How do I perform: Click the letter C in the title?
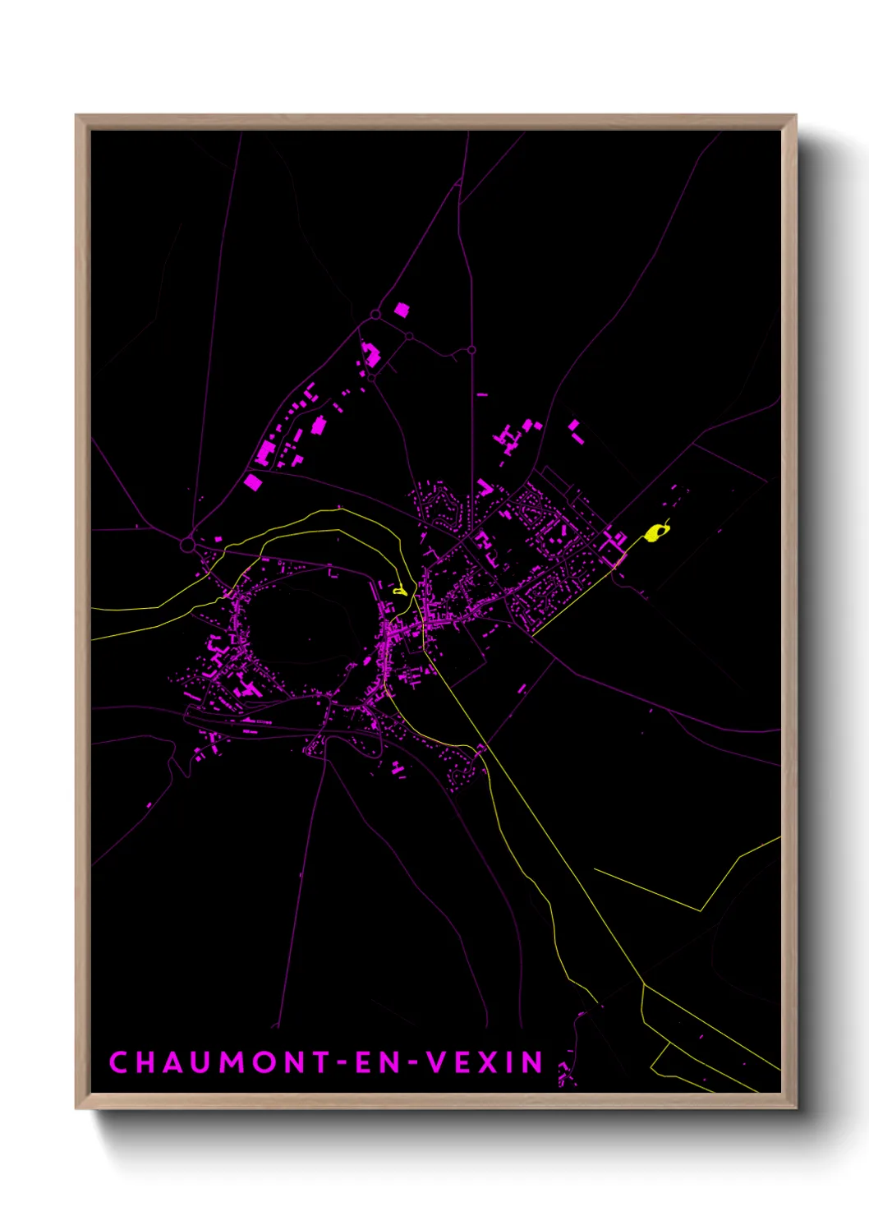click(x=118, y=1062)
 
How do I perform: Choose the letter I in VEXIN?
click(x=510, y=1062)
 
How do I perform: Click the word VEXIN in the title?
click(x=485, y=1062)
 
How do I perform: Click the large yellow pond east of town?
click(x=655, y=533)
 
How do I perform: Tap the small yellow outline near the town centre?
click(x=400, y=590)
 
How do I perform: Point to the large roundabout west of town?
click(x=187, y=545)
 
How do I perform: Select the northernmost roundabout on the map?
click(x=375, y=315)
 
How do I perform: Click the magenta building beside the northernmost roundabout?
click(x=402, y=310)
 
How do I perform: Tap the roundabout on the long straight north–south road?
click(x=471, y=350)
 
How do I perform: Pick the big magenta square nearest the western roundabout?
click(x=253, y=482)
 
